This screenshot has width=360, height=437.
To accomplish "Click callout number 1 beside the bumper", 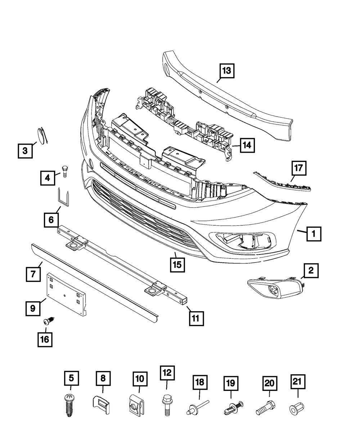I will (x=314, y=234).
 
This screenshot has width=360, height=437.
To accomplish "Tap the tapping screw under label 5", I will (x=69, y=405).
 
